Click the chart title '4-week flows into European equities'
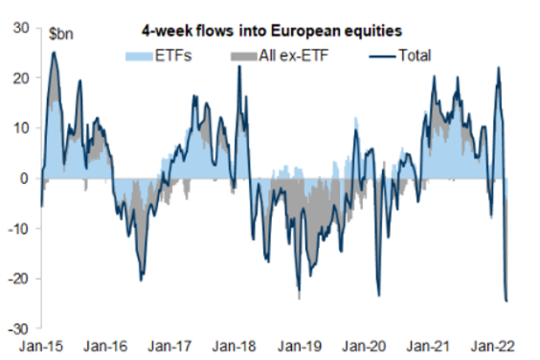[x=271, y=31]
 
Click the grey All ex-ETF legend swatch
[x=244, y=56]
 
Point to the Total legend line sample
[x=382, y=56]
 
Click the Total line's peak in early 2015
[x=54, y=52]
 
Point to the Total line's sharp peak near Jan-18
[x=239, y=66]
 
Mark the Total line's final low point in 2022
[x=507, y=301]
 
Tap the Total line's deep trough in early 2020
[x=379, y=296]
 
